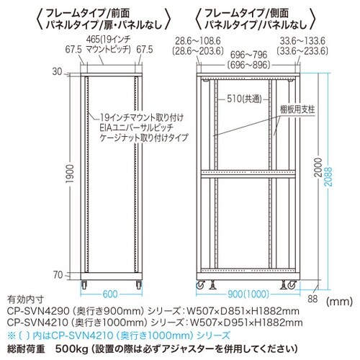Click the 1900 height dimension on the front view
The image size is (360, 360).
point(70,174)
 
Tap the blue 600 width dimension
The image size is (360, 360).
point(110,294)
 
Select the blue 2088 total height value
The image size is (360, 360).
point(328,176)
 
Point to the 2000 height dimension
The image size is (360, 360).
point(318,167)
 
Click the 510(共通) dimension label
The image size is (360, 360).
point(244,99)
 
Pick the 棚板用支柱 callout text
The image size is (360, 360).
point(297,109)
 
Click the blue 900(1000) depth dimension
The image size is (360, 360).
point(248,294)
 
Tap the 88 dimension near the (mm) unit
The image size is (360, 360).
point(312,299)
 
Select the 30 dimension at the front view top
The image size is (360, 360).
point(57,71)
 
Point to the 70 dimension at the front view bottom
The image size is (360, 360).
point(58,275)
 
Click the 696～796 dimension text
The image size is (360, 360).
point(248,55)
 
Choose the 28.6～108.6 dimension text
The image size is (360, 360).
point(198,41)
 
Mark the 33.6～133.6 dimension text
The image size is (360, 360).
point(302,41)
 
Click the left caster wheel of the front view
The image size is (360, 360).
point(84,284)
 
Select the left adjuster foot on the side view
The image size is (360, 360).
point(212,285)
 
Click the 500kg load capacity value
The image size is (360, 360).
point(71,348)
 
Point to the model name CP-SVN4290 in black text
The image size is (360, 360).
point(38,311)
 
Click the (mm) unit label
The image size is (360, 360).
point(339,301)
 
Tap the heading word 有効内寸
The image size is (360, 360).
point(25,300)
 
